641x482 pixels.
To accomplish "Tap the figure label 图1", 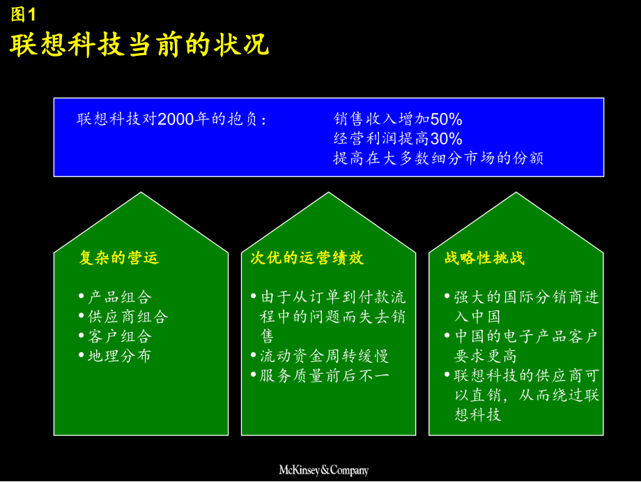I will pos(23,13).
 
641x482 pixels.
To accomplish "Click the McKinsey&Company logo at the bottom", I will pos(323,470).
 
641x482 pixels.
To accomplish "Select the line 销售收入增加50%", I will pos(398,119).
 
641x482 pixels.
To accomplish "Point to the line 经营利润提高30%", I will pos(398,139).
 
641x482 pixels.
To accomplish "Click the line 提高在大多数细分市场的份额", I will pos(438,158).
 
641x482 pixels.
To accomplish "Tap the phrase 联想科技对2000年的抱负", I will pos(171,119).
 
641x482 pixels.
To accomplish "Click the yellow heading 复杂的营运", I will pos(119,258).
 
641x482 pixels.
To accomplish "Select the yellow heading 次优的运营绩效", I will pos(307,258).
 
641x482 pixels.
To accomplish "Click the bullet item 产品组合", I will pos(120,297).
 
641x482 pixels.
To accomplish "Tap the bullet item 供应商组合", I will pos(128,317).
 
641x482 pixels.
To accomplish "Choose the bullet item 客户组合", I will pos(120,336).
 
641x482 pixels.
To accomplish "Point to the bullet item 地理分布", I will pos(120,356).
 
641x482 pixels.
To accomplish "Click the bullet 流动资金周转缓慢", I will pos(324,356).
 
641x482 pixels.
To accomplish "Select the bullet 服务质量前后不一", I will pos(324,375).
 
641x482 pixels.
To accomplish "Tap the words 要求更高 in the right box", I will pos(486,356).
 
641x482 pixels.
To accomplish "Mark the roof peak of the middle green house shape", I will pos(329,194).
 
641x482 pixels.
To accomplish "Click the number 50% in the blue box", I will pos(447,119).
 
